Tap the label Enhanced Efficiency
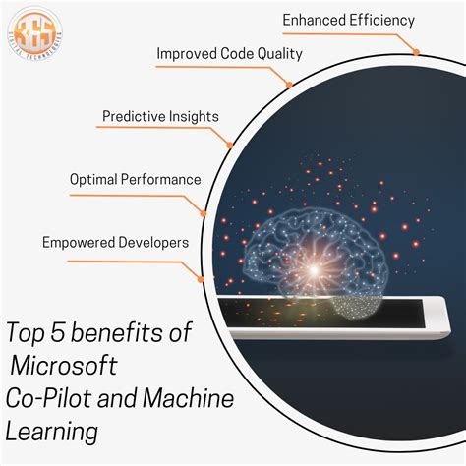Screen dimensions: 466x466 tap(348, 20)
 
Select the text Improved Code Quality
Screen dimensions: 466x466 tap(229, 53)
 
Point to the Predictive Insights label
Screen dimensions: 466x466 tap(160, 116)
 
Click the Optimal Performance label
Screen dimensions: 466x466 tap(136, 179)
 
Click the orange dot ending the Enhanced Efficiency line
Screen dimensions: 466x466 tap(417, 51)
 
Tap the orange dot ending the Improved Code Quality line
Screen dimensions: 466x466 tap(290, 85)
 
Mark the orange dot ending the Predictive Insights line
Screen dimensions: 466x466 tap(230, 146)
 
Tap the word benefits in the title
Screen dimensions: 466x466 tap(124, 334)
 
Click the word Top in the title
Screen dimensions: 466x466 tap(29, 334)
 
